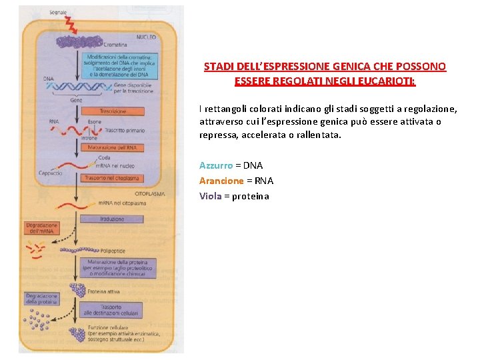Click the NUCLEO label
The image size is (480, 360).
(146, 37)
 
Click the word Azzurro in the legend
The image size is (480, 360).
(216, 165)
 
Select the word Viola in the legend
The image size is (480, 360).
(211, 196)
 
